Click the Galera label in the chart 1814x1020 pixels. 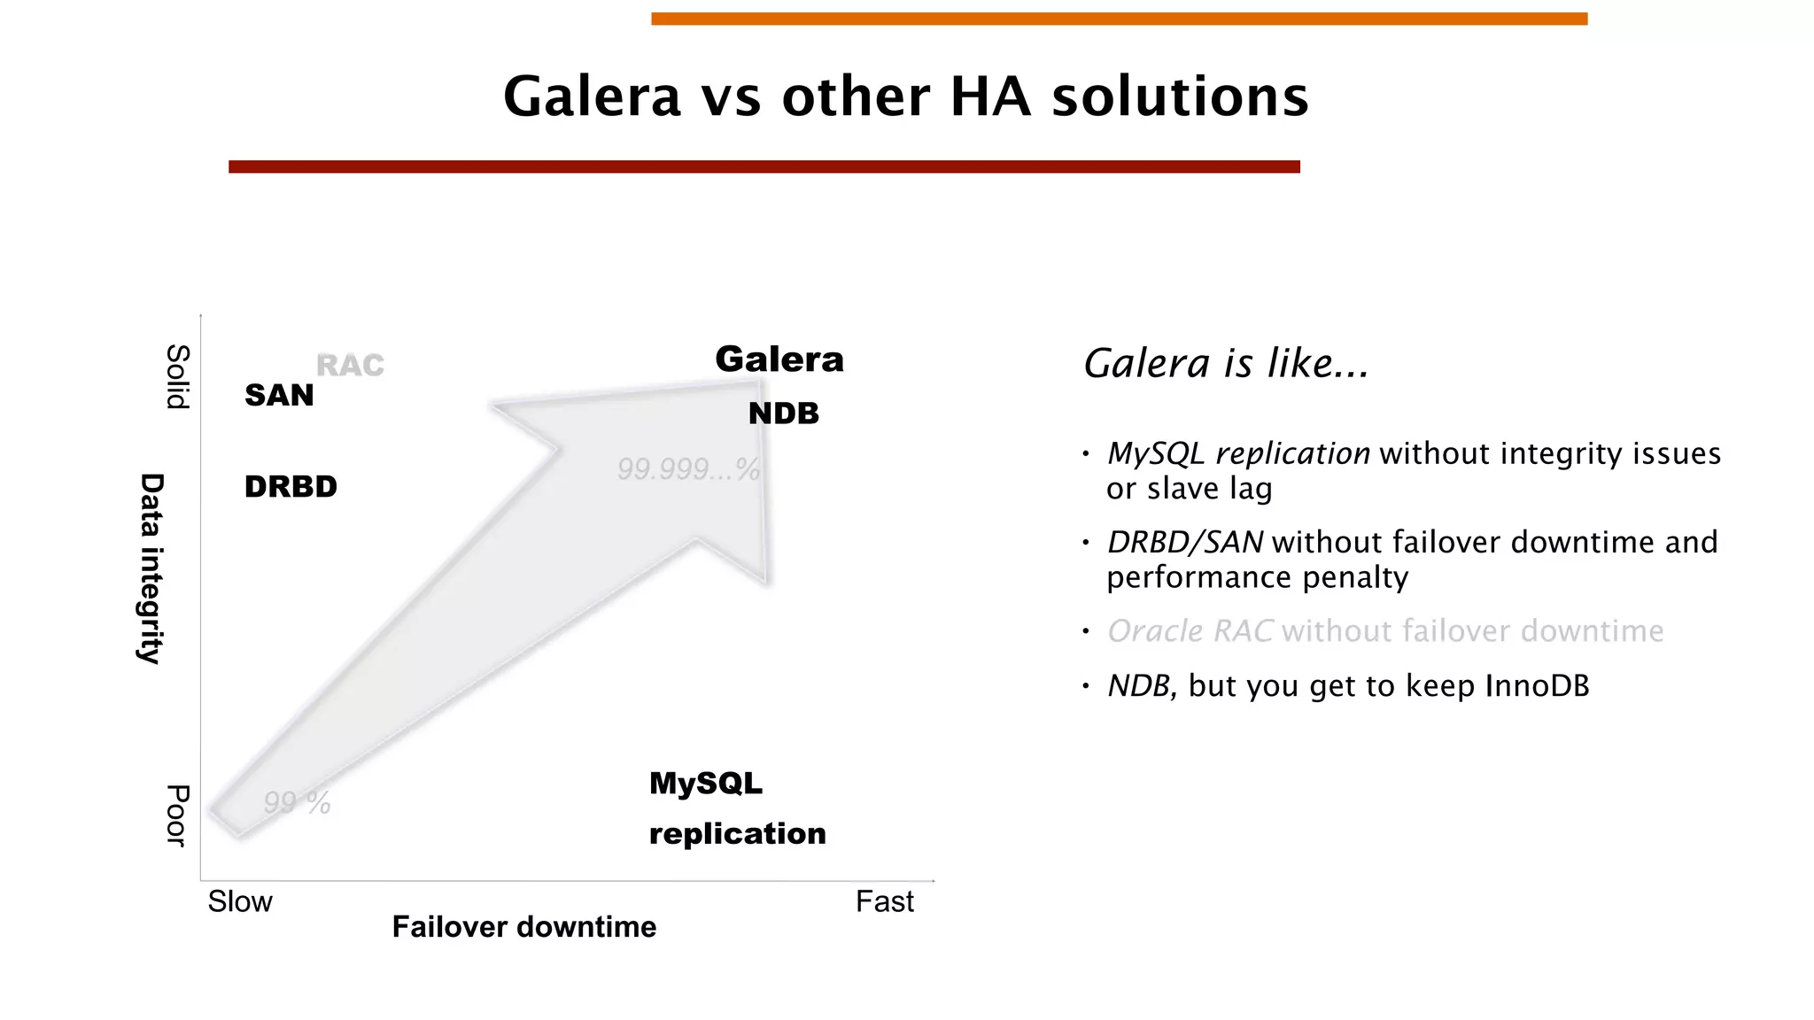pyautogui.click(x=779, y=359)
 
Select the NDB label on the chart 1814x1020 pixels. pyautogui.click(x=784, y=413)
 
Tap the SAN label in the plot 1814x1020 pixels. pyautogui.click(x=279, y=395)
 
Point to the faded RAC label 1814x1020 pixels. pyautogui.click(x=350, y=365)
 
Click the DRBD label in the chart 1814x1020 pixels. pyautogui.click(x=291, y=486)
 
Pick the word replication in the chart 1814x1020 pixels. pyautogui.click(x=737, y=833)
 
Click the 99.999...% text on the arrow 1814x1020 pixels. pyautogui.click(x=688, y=468)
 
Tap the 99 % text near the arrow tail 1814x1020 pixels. pyautogui.click(x=297, y=802)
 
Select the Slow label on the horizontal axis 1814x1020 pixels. pyautogui.click(x=240, y=901)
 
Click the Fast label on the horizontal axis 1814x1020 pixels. pyautogui.click(x=884, y=901)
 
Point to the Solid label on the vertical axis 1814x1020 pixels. pyautogui.click(x=178, y=376)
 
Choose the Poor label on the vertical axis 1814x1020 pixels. pyautogui.click(x=178, y=815)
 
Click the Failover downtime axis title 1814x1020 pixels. pyautogui.click(x=524, y=927)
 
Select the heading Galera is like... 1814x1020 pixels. pyautogui.click(x=1226, y=363)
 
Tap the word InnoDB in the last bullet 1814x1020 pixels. pyautogui.click(x=1537, y=686)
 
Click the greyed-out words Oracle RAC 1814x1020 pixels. pyautogui.click(x=1190, y=631)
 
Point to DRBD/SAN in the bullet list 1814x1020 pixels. pyautogui.click(x=1185, y=542)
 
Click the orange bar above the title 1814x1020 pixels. pyautogui.click(x=1119, y=19)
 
